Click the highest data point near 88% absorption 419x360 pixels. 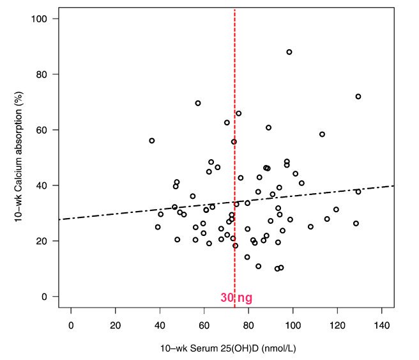(289, 52)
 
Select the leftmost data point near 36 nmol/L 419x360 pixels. (152, 141)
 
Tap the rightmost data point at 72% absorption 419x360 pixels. (358, 97)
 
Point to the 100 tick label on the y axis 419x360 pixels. (40, 19)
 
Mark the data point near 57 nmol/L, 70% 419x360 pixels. (198, 103)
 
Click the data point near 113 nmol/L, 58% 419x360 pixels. (322, 134)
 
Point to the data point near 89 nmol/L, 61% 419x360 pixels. (269, 128)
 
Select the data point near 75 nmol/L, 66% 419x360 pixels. (239, 113)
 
